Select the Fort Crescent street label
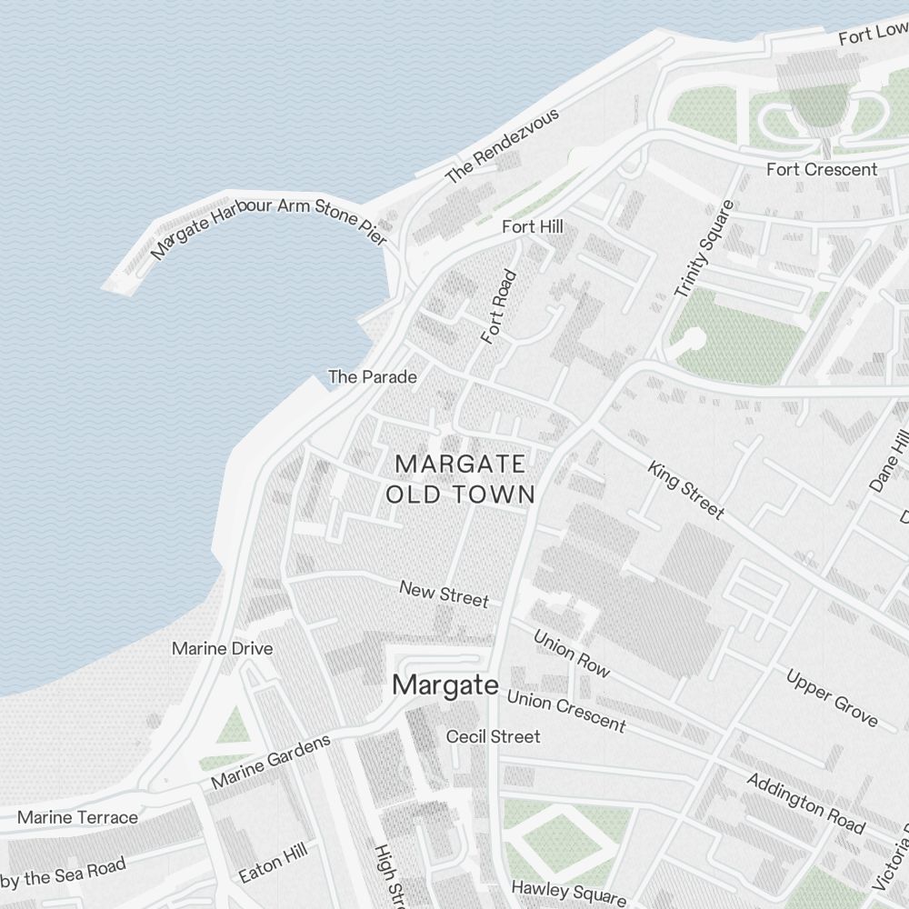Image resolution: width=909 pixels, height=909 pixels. point(822,169)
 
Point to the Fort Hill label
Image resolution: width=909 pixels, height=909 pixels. point(533,226)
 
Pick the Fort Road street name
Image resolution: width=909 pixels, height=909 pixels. point(499,306)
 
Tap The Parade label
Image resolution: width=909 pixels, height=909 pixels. point(373,376)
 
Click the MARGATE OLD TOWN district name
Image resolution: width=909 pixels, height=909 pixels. point(461,479)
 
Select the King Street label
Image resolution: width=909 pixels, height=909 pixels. point(686,490)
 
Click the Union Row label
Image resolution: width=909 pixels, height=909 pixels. point(571,653)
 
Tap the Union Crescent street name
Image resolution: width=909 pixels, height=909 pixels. point(565,710)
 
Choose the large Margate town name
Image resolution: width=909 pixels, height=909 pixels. point(445,685)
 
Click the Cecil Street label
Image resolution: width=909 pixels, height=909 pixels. point(493,736)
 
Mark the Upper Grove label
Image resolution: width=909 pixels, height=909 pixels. point(832,698)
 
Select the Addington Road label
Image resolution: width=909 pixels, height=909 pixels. point(805,803)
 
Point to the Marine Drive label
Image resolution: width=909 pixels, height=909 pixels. point(222,648)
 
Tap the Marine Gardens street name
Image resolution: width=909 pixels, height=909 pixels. point(271,762)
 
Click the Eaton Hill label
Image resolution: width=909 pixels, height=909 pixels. point(274,863)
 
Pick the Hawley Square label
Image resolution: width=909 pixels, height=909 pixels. point(568,892)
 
